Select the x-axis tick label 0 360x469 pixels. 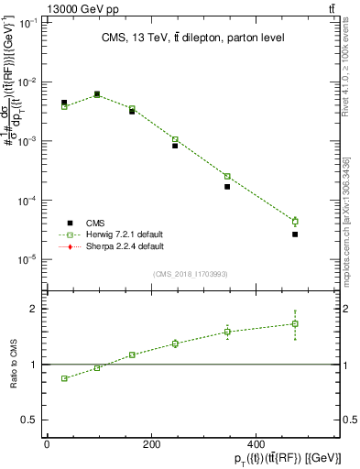click(47, 444)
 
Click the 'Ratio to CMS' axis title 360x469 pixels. click(14, 365)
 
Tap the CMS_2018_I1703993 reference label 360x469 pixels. click(191, 273)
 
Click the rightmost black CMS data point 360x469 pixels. click(295, 234)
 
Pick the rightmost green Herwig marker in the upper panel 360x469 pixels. click(295, 222)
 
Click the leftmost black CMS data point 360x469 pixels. click(64, 103)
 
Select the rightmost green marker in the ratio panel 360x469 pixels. click(295, 323)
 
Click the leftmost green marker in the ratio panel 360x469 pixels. click(64, 378)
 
